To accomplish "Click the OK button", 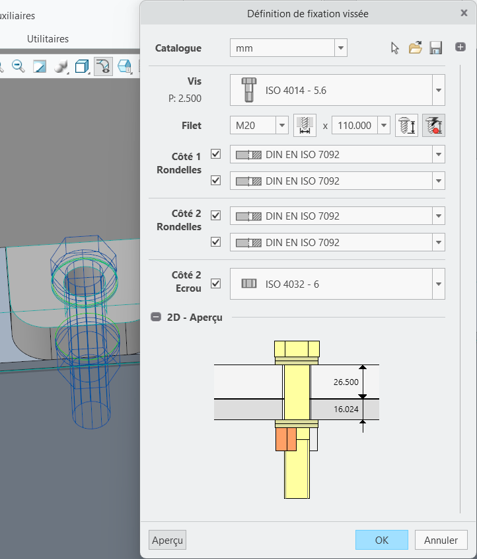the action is click(382, 540).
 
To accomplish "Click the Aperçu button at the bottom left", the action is click(167, 540).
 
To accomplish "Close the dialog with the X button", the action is click(464, 13).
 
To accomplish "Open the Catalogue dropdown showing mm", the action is click(341, 48).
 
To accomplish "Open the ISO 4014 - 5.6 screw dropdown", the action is click(439, 90).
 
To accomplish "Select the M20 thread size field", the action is click(253, 126).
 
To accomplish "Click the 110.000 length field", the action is click(355, 126).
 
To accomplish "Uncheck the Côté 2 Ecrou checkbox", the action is click(216, 284).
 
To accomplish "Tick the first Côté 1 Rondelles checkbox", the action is click(216, 154).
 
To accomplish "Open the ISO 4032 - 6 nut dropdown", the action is click(439, 284).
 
